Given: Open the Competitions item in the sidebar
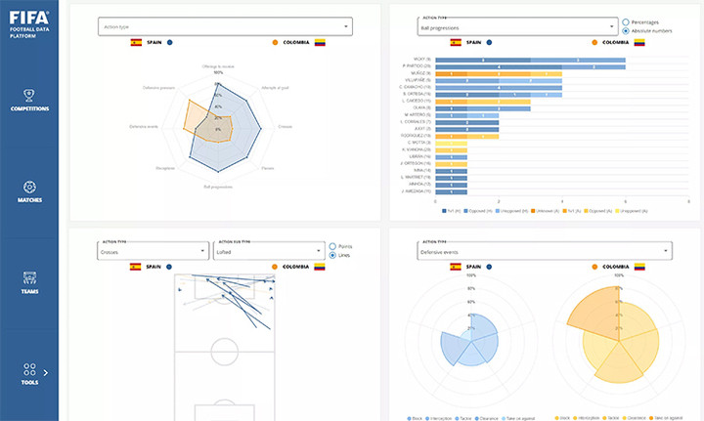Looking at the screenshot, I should (29, 100).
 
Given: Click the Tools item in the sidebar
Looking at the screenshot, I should (29, 373).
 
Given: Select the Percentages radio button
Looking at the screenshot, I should (627, 21).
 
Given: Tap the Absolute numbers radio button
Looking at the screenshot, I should (627, 30).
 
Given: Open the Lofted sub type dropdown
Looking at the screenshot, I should (266, 251).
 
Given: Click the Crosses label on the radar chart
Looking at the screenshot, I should (285, 126).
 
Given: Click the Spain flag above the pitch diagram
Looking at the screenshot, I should (135, 266).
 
